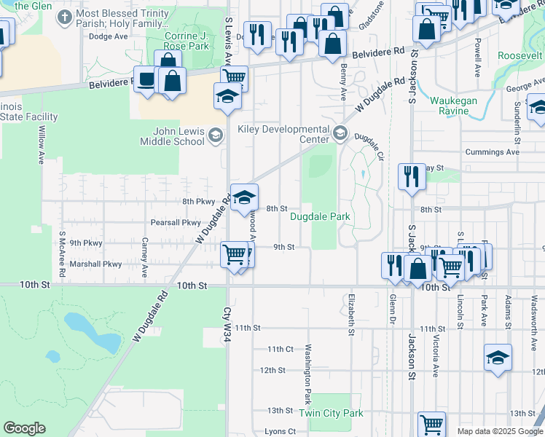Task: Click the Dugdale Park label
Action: point(321,216)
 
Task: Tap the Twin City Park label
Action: point(331,413)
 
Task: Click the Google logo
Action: point(24,428)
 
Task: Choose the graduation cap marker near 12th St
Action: point(498,358)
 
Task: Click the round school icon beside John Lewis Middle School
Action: point(215,135)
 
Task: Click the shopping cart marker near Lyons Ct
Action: point(431,424)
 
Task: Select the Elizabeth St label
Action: point(350,314)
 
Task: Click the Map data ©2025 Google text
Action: point(500,431)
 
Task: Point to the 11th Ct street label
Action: point(280,350)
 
